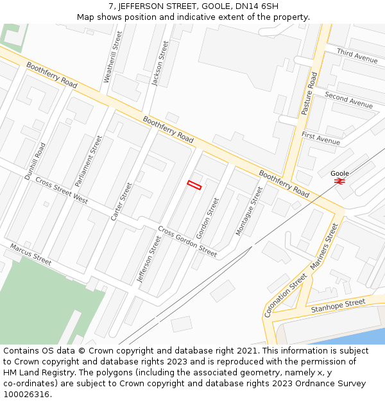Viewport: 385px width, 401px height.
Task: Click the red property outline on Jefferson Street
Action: [x=194, y=185]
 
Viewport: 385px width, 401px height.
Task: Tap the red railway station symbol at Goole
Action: [x=339, y=182]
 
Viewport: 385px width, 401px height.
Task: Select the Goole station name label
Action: [x=339, y=173]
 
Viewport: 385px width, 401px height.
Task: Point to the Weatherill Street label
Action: [x=112, y=58]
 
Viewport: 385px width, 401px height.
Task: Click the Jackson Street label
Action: [x=160, y=64]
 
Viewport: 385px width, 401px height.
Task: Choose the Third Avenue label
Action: [x=357, y=56]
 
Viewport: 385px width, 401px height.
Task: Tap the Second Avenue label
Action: [x=348, y=99]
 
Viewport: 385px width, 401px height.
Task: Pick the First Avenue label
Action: [x=321, y=138]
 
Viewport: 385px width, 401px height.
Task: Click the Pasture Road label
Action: [x=309, y=94]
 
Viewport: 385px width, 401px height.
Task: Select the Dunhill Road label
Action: [x=36, y=160]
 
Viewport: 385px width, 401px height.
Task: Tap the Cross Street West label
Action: [x=62, y=191]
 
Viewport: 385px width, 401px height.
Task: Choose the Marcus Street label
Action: [x=30, y=254]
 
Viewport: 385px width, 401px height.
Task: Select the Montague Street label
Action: [x=249, y=210]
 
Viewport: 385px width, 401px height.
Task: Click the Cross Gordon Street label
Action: [x=187, y=242]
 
